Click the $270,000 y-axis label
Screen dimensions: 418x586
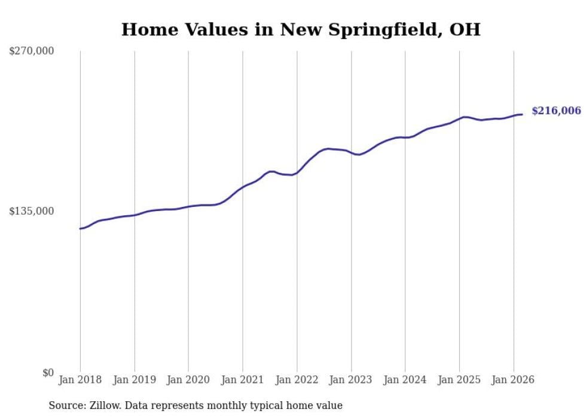tap(32, 51)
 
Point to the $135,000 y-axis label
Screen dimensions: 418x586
tap(32, 211)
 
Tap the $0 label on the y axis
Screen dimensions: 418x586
tap(48, 373)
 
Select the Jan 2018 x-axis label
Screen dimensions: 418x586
tap(80, 380)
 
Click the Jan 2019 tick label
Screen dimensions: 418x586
tap(135, 380)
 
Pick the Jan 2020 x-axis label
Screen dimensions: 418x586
tap(188, 380)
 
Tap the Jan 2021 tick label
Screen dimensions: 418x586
tap(243, 380)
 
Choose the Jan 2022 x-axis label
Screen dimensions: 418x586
tap(297, 380)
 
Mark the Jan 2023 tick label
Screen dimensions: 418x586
tap(351, 380)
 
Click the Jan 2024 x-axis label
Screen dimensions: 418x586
tap(405, 380)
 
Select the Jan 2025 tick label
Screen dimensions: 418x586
tap(459, 380)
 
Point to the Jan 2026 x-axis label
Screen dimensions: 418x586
tap(514, 380)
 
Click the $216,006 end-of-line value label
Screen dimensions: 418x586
tap(556, 111)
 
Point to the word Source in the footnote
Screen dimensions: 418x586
tap(64, 405)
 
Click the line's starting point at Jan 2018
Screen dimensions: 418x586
tap(80, 228)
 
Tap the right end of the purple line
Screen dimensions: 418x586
tap(522, 114)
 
